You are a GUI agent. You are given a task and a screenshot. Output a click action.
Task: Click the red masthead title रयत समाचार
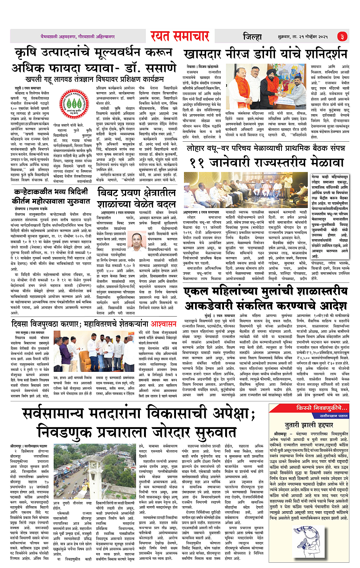[179, 36]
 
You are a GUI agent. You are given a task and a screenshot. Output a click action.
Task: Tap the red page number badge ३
[342, 37]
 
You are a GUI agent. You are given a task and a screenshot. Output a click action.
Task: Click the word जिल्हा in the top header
[253, 37]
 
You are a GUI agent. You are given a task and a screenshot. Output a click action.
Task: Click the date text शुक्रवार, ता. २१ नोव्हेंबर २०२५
[300, 37]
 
